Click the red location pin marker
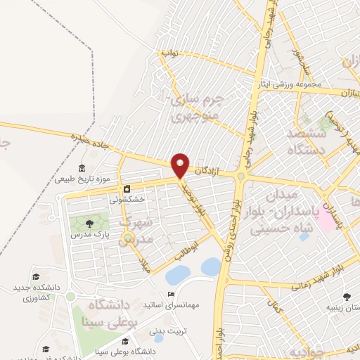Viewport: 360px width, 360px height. [x=181, y=165]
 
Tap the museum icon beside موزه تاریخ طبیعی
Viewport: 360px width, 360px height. [x=82, y=169]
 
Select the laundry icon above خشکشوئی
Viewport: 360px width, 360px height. [x=127, y=188]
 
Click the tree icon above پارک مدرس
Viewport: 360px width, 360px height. [x=87, y=223]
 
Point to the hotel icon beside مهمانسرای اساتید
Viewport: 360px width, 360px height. [x=169, y=295]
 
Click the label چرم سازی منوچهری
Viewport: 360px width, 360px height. [x=198, y=106]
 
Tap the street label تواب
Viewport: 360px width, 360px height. [x=169, y=53]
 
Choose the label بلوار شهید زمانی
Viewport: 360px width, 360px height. [x=318, y=272]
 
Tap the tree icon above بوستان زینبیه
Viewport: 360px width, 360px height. [x=346, y=297]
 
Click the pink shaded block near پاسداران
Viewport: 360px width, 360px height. [x=326, y=222]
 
